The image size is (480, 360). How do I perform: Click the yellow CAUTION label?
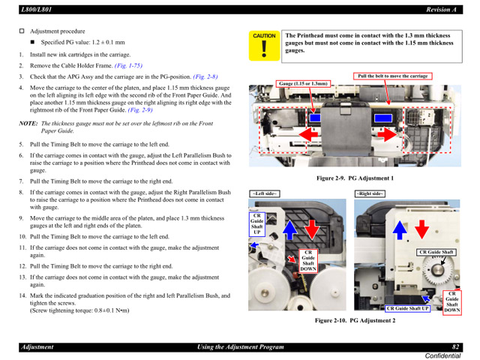[x=264, y=35]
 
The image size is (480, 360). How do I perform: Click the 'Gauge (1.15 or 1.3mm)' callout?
[x=304, y=83]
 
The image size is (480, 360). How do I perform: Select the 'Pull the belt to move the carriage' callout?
[x=392, y=76]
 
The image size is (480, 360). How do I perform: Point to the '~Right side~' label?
[x=369, y=193]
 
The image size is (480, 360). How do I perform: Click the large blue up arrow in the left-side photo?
[x=291, y=227]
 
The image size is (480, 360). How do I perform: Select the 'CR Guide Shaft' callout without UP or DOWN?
[x=436, y=252]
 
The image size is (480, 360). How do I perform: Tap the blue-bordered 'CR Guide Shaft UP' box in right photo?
[x=408, y=308]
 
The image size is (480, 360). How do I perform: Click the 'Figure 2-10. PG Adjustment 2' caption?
[x=355, y=321]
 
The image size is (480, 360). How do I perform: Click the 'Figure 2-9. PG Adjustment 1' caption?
[x=355, y=178]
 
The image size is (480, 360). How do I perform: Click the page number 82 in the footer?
[x=454, y=346]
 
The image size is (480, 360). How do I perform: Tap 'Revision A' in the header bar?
[x=442, y=8]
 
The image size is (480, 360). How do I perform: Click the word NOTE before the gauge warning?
[x=28, y=123]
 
